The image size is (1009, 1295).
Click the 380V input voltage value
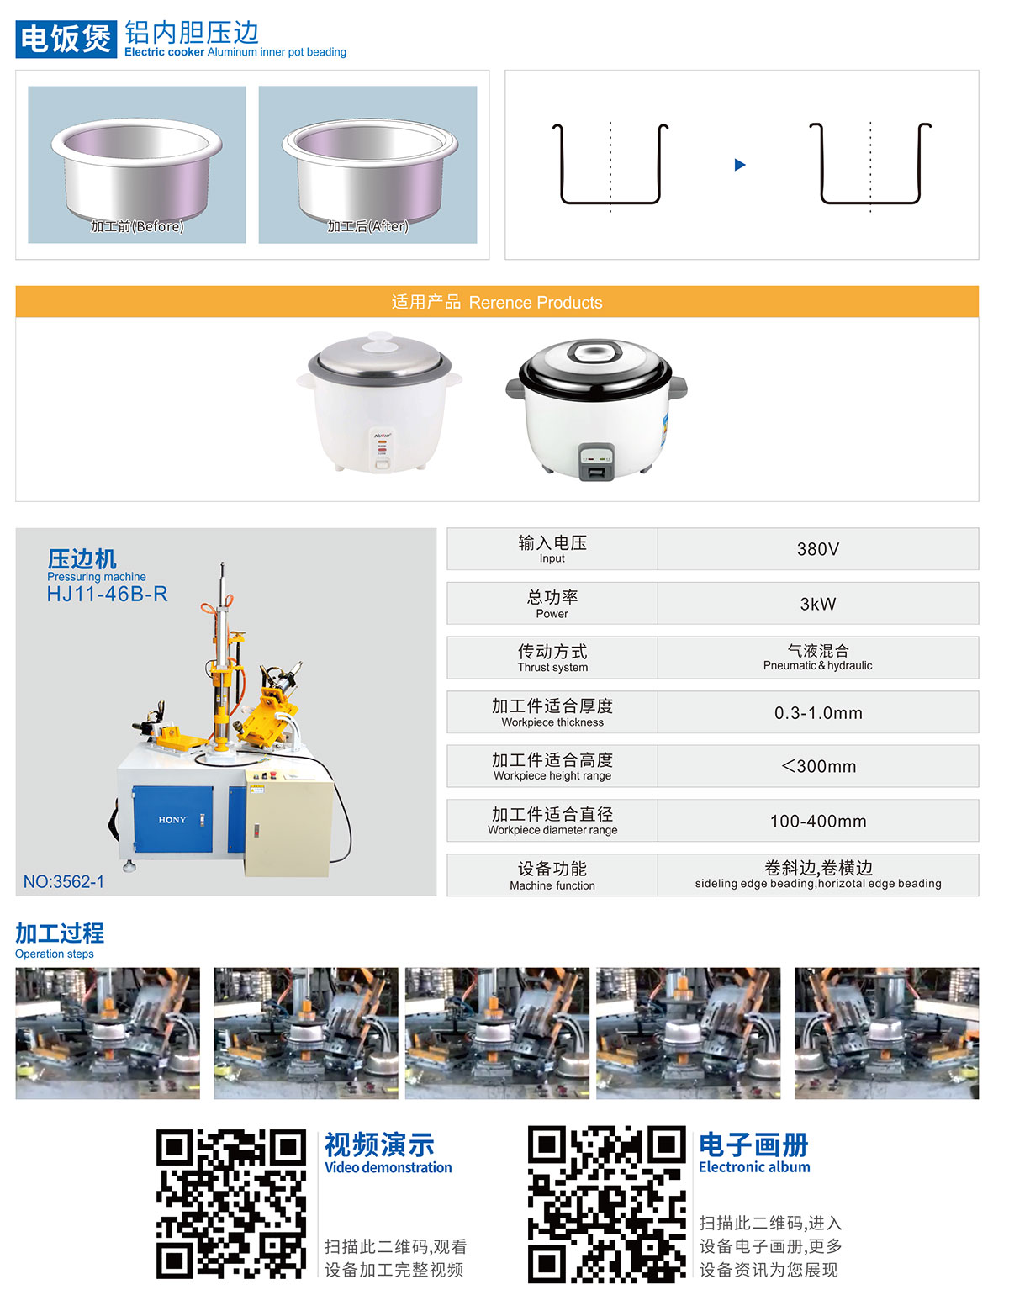point(817,549)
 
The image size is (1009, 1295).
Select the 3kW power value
point(817,604)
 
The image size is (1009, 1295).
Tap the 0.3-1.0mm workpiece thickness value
point(817,713)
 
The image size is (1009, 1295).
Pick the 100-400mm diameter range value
point(817,821)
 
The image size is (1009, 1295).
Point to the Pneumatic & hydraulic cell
point(817,658)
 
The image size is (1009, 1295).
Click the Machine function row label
point(552,875)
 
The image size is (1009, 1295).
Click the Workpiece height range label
point(552,767)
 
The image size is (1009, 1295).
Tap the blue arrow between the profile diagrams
point(740,165)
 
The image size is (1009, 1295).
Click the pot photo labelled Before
point(137,165)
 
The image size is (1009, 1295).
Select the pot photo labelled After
point(367,165)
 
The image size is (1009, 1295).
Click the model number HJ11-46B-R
point(108,595)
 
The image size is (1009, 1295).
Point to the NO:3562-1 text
point(64,882)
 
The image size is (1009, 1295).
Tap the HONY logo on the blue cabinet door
point(172,820)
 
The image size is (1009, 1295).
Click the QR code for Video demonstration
point(231,1204)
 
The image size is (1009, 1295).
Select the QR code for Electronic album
point(606,1204)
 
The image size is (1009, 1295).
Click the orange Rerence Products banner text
point(497,303)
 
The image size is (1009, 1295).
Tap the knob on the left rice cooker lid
point(380,341)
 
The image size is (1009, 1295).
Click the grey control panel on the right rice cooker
point(596,462)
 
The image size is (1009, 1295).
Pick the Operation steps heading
point(60,939)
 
